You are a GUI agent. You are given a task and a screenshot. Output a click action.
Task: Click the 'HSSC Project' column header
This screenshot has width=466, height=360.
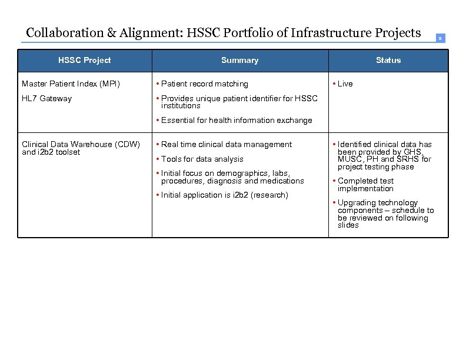click(x=84, y=60)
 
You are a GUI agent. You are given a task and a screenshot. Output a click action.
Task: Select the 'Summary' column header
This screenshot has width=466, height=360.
click(x=239, y=60)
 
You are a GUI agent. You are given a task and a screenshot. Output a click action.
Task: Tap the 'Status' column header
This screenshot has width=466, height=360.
click(x=388, y=60)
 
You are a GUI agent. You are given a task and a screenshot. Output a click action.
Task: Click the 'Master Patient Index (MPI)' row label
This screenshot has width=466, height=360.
click(x=71, y=84)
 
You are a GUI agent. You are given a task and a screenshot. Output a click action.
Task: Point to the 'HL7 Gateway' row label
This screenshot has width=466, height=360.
click(x=46, y=98)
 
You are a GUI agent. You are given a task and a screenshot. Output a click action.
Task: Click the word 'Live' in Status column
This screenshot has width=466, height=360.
click(x=345, y=84)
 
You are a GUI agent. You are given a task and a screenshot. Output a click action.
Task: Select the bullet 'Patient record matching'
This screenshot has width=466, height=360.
click(x=204, y=84)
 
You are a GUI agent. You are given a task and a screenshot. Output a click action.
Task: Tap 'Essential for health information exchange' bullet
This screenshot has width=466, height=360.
click(x=237, y=120)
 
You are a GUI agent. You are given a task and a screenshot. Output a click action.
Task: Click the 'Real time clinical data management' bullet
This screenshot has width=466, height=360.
click(x=226, y=144)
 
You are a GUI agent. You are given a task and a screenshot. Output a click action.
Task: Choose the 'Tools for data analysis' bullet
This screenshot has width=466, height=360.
click(x=202, y=159)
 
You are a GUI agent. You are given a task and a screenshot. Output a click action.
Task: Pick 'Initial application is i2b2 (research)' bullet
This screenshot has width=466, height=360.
click(x=224, y=195)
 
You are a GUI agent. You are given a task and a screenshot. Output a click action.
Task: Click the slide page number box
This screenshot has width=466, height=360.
click(x=440, y=38)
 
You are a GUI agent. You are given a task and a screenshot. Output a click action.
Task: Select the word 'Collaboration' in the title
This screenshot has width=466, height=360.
click(x=65, y=32)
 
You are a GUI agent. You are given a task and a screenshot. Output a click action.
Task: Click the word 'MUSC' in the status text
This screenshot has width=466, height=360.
click(x=350, y=159)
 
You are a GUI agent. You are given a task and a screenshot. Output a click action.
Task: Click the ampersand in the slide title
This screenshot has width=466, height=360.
click(x=111, y=32)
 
